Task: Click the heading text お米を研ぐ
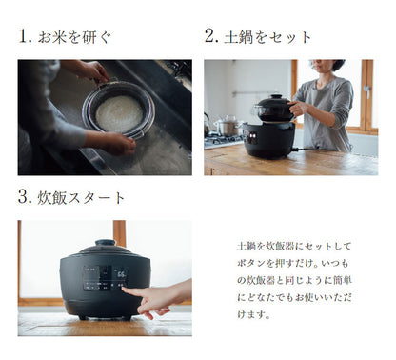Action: click(x=77, y=37)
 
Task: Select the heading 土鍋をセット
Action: click(x=270, y=37)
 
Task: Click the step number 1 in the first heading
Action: click(x=24, y=37)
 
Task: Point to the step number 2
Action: click(x=210, y=37)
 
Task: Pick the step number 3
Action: click(x=24, y=198)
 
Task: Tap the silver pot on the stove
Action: click(x=228, y=125)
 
